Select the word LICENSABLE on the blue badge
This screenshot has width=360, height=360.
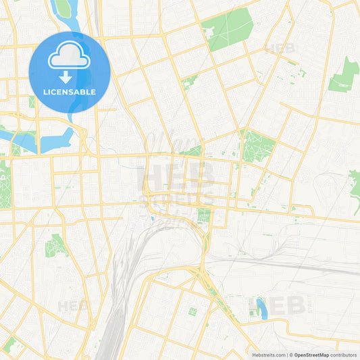70,92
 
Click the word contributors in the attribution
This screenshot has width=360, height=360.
344,355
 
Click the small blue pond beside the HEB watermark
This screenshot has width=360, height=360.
261,308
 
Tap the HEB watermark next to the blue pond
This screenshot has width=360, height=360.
286,305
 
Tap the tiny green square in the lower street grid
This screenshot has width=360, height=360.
192,311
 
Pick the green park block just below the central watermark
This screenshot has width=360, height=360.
204,216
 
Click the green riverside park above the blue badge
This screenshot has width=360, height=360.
62,8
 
